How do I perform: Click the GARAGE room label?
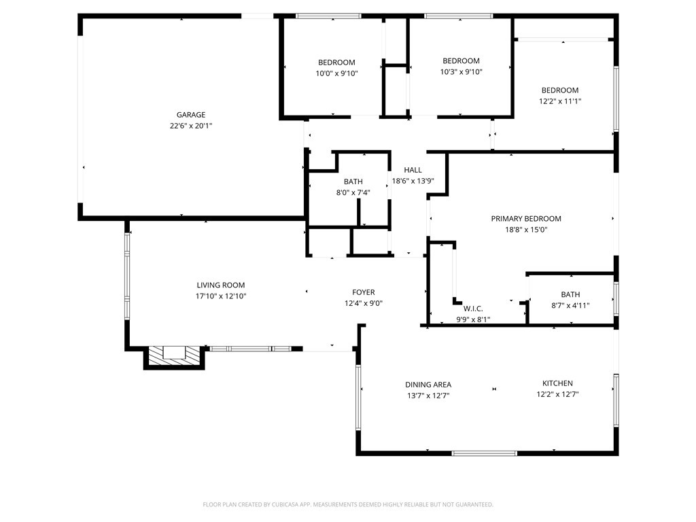click(x=191, y=115)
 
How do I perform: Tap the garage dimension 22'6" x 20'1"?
click(x=191, y=126)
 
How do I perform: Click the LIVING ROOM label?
click(x=220, y=285)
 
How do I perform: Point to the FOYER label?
click(x=363, y=292)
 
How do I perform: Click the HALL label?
click(x=413, y=170)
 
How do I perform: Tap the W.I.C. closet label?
click(x=473, y=309)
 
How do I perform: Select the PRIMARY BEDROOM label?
click(x=526, y=219)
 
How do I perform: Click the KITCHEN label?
click(x=557, y=383)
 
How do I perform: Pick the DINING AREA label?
click(x=428, y=385)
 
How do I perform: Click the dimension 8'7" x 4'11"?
click(x=570, y=305)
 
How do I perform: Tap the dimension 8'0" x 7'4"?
click(x=353, y=192)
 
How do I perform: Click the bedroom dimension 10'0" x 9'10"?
click(x=336, y=73)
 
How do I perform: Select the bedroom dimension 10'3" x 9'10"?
click(x=461, y=71)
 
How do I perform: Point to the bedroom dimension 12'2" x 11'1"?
click(x=560, y=101)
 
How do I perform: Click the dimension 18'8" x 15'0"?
click(x=526, y=230)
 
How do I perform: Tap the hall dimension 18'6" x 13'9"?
click(x=413, y=181)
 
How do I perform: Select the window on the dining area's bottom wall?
click(x=484, y=453)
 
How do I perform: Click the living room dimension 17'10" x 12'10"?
click(x=220, y=296)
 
